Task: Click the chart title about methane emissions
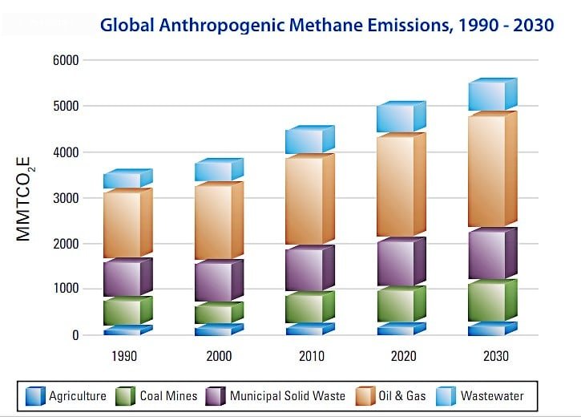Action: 327,24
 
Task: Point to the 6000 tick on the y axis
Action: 67,60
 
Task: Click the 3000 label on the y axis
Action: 67,198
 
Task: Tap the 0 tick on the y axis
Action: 75,335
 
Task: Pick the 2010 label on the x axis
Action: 310,356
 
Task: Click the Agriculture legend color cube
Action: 35,396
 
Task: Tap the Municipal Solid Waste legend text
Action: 288,396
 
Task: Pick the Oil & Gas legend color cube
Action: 366,396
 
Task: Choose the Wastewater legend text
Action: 491,396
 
